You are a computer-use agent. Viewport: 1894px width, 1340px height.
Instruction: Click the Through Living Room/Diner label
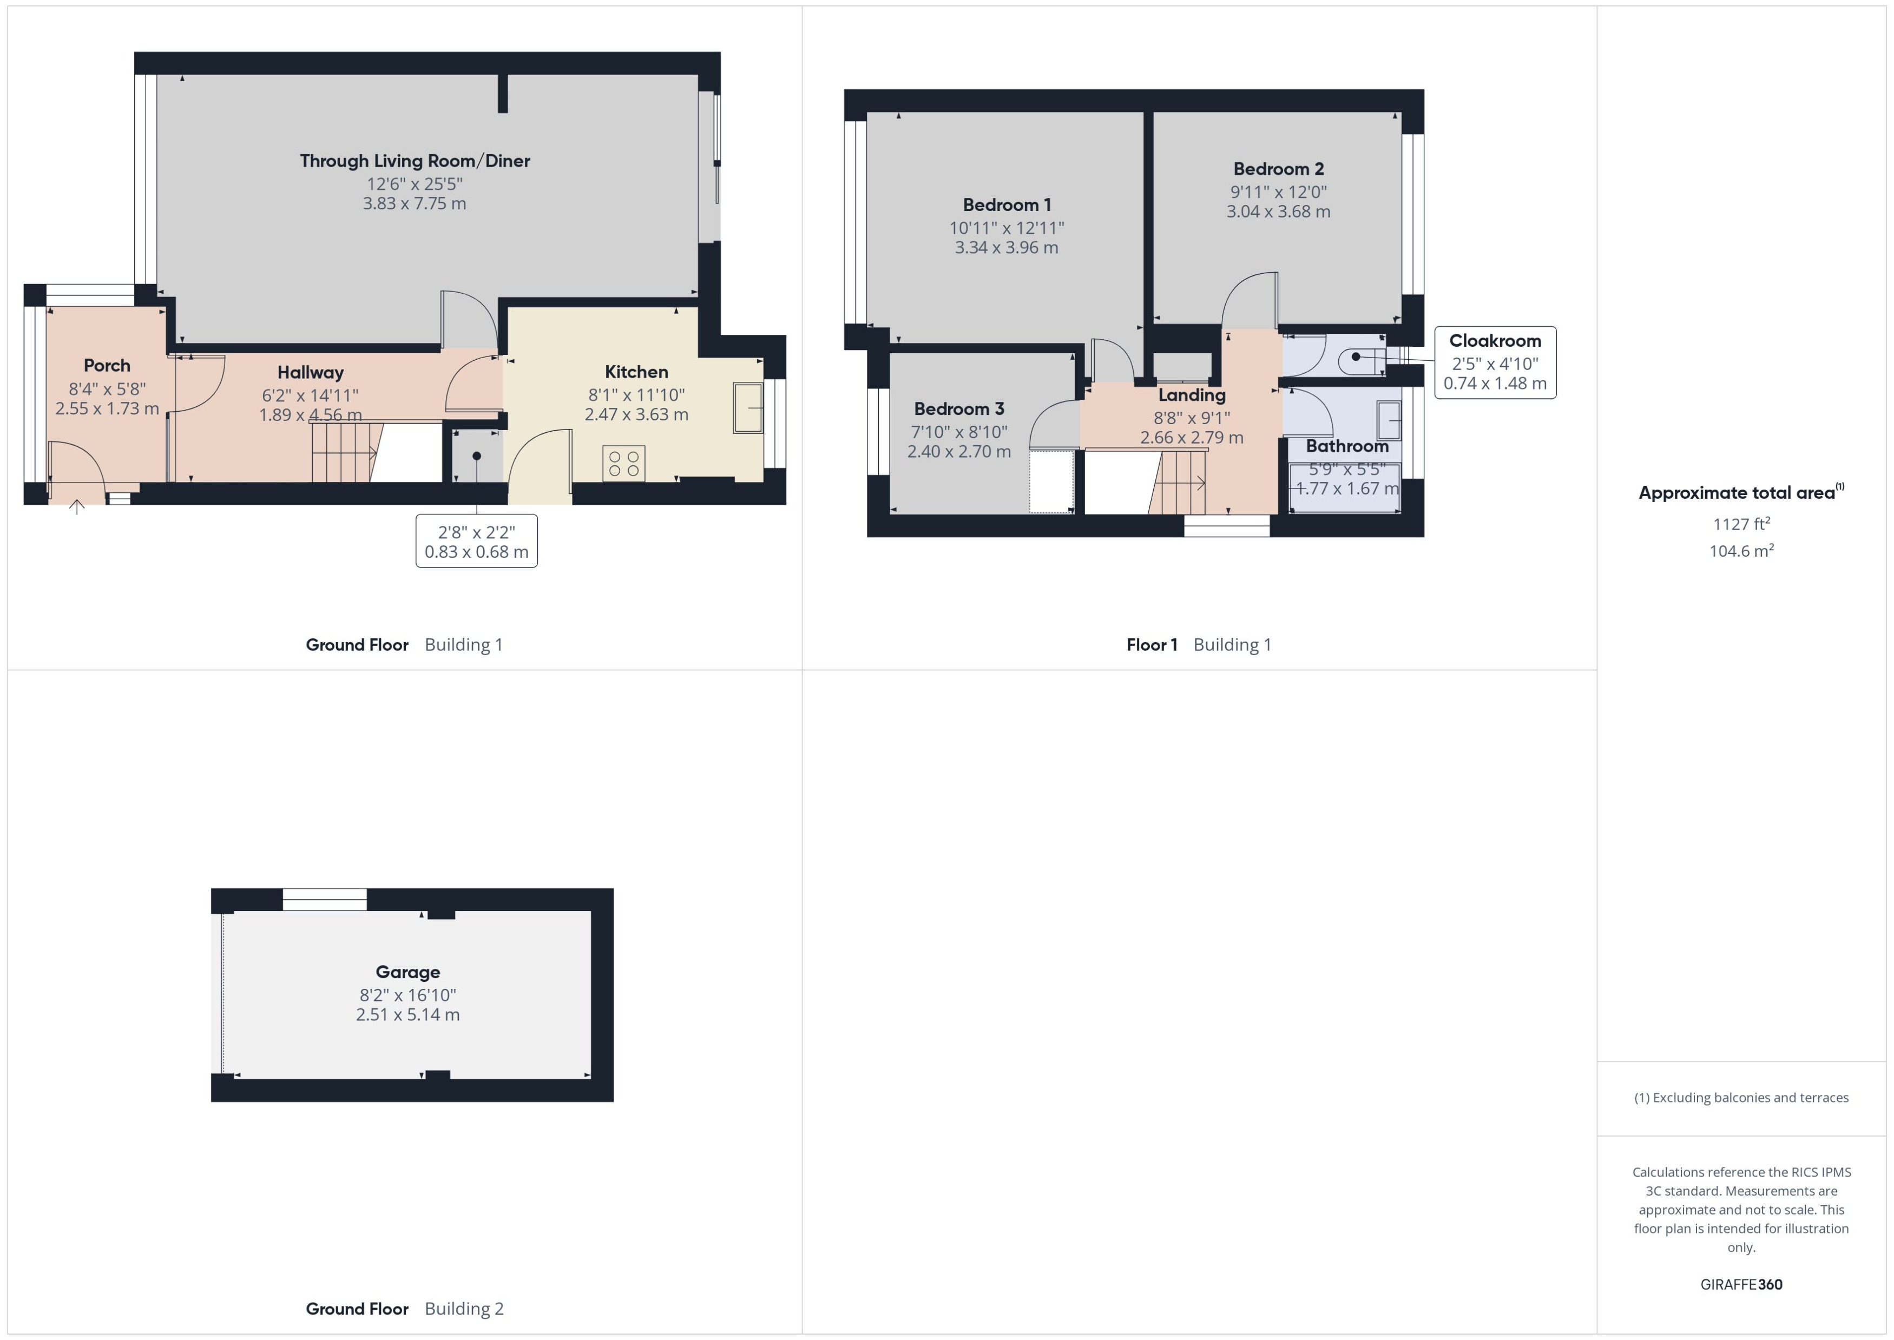415,161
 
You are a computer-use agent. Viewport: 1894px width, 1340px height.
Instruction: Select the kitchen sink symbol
748,407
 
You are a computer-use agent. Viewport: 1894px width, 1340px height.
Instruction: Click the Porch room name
107,366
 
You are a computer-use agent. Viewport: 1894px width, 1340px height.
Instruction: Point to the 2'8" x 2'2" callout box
476,542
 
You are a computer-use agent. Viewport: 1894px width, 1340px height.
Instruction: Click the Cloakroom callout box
1495,362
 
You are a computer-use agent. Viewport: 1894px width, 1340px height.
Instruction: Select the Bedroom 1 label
1006,204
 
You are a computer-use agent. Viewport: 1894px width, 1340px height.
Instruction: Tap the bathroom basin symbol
1389,421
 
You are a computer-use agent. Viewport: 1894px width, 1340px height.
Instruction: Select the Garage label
407,972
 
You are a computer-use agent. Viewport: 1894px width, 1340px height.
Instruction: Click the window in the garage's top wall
324,900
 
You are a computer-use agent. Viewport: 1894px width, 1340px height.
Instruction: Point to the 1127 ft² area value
1740,524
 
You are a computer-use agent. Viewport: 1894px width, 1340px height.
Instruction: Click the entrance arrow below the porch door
77,507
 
